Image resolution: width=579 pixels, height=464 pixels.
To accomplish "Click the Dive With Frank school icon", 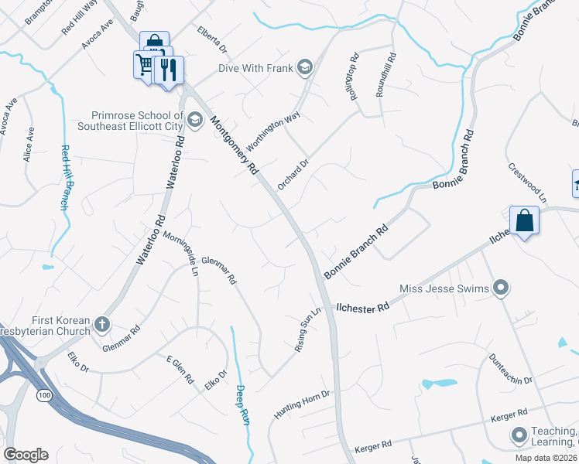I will point(304,68).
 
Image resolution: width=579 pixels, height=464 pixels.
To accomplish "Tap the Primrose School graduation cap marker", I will point(194,120).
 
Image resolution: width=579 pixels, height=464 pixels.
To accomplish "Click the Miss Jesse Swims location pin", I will point(501,289).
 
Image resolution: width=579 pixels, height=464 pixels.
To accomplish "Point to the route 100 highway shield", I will point(43,395).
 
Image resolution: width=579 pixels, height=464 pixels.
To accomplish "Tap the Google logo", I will point(25,455).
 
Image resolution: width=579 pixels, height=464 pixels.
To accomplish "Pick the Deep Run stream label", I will point(242,404).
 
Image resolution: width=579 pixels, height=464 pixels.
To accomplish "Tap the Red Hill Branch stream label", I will point(66,178).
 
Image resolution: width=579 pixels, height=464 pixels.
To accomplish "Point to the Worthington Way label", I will point(272,131).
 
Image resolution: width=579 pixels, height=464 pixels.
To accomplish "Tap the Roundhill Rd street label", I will point(386,75).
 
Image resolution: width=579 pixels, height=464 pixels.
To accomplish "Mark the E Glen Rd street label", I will point(180,370).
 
